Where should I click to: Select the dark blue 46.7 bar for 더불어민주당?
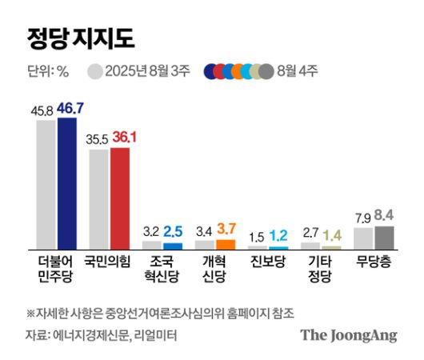coord(66,183)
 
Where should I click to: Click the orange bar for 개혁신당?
coord(226,244)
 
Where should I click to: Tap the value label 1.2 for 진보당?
coord(278,235)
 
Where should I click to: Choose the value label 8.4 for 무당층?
coord(384,215)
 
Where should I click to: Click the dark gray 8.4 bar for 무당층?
coord(384,238)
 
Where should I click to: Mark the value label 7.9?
coord(363,217)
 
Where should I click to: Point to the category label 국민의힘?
coord(109,261)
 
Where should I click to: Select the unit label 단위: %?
coord(47,70)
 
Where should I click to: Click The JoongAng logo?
coord(348,335)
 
